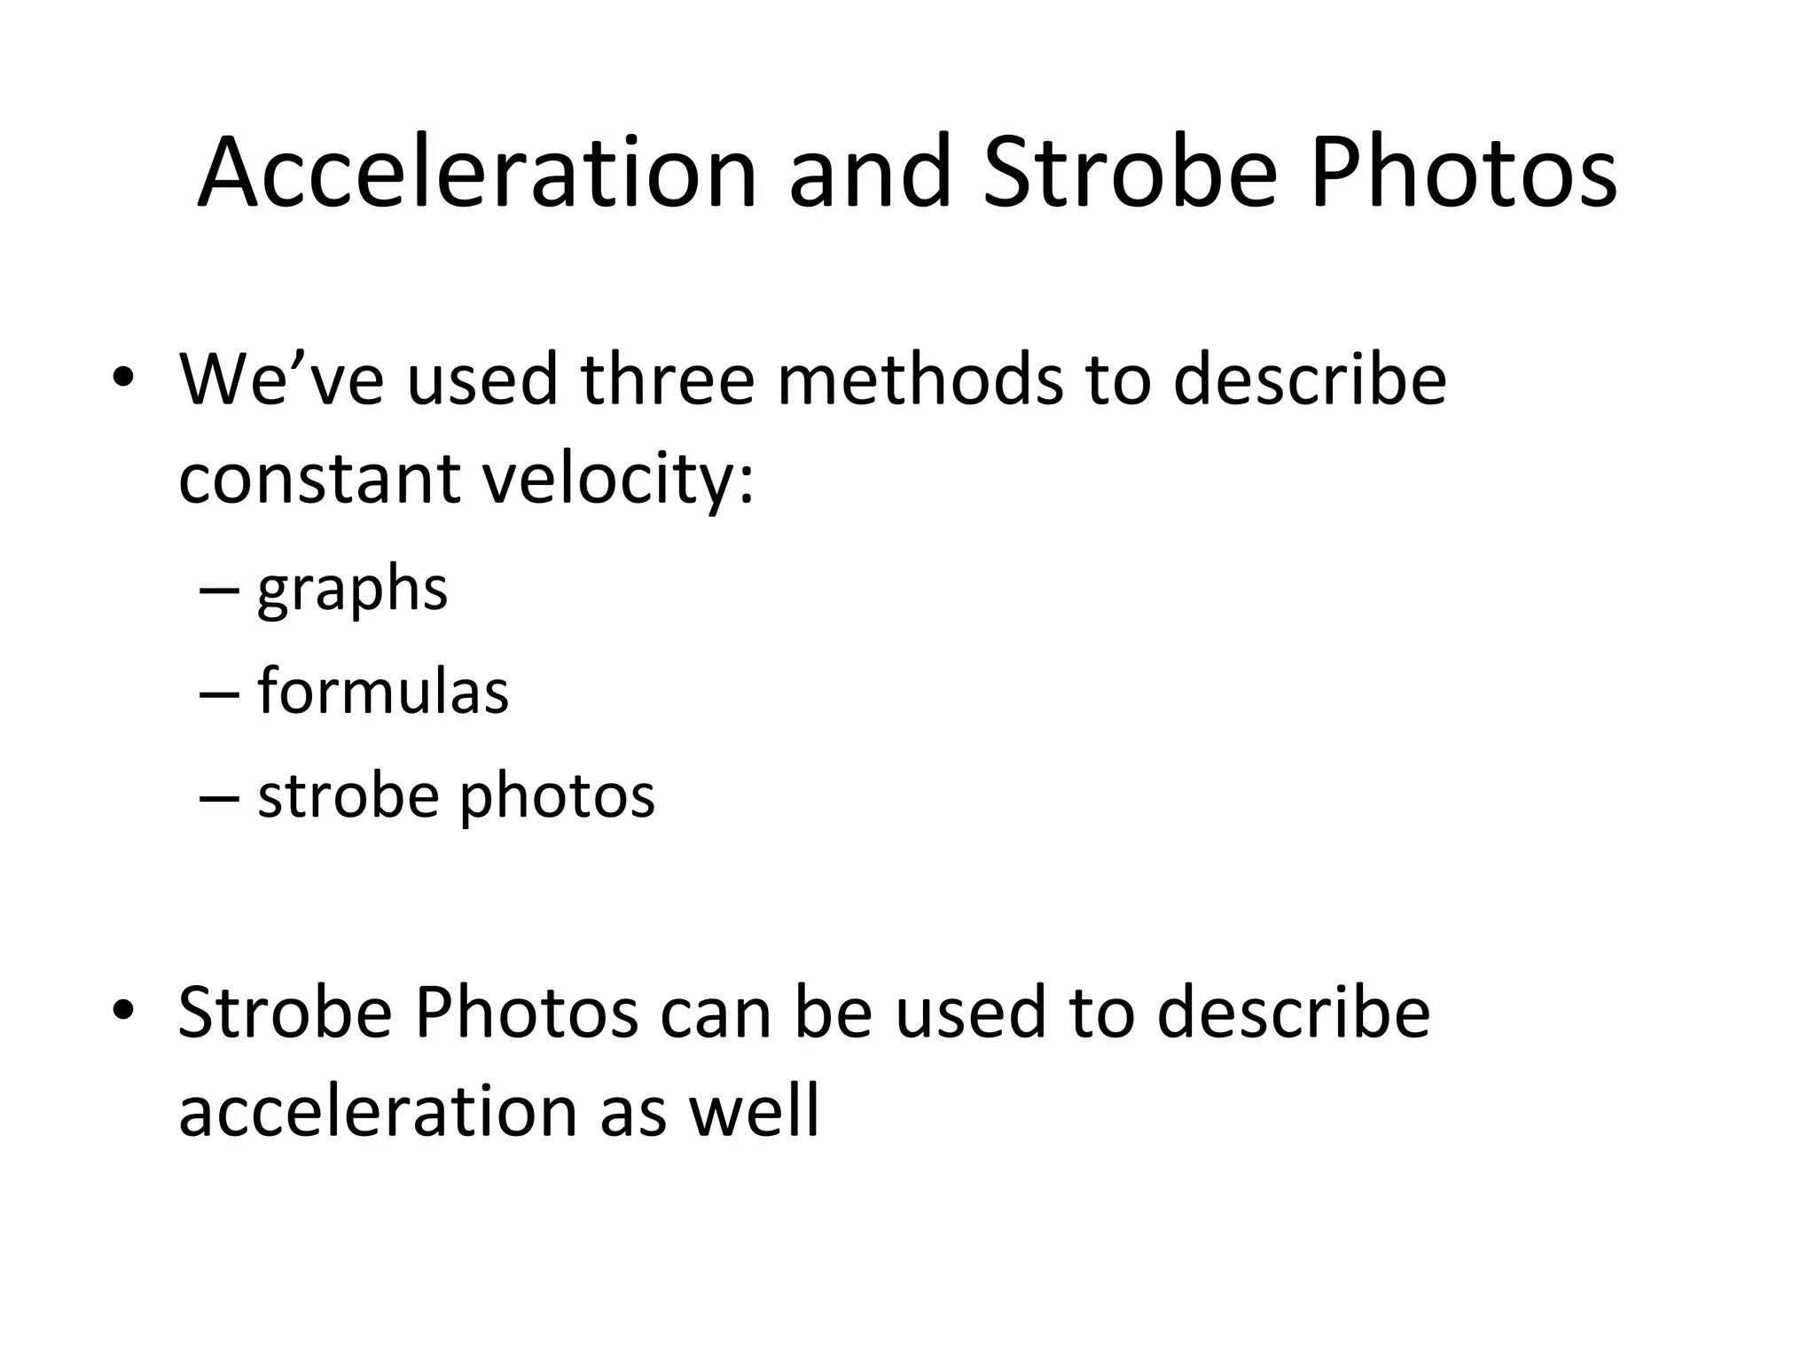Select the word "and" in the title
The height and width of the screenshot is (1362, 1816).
870,173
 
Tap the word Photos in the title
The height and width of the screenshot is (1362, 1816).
1463,173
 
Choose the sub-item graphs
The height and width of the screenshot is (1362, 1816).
352,591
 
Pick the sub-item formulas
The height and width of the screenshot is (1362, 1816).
383,691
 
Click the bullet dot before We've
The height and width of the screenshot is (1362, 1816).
123,380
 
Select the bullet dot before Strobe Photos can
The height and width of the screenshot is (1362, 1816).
123,1011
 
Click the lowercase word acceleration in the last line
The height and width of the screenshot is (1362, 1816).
378,1111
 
